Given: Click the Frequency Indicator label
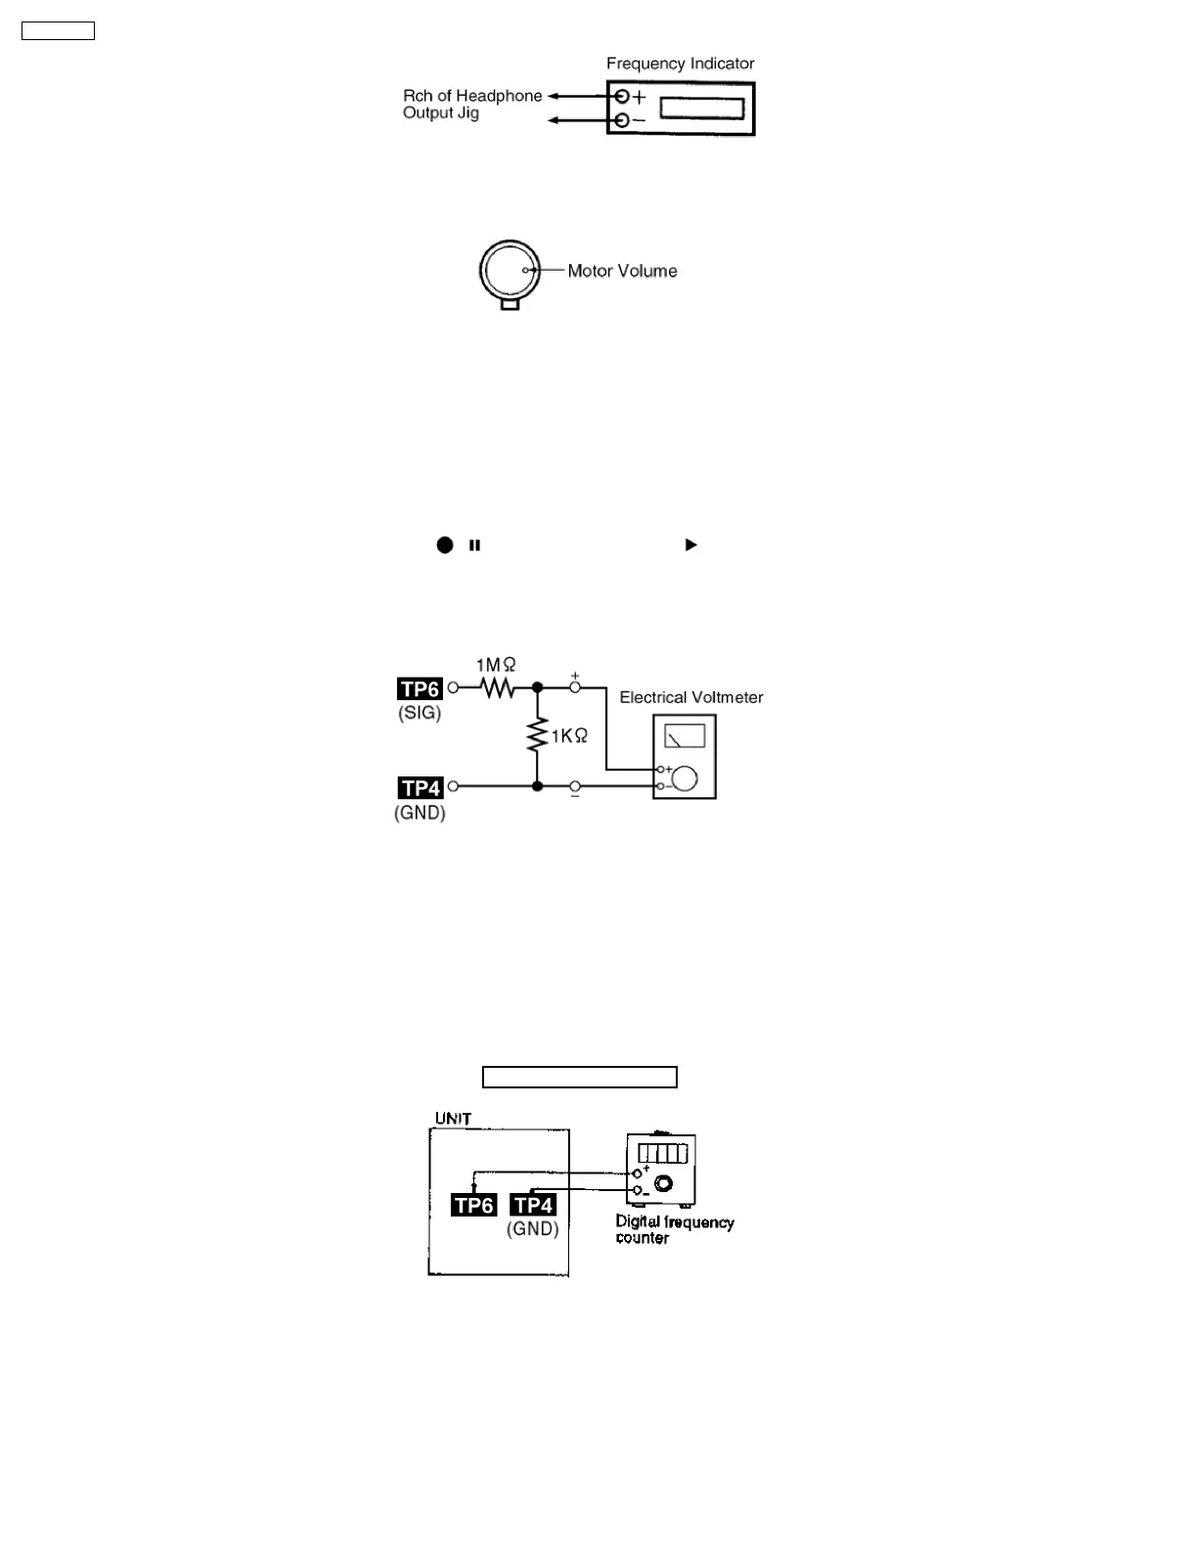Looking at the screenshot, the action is click(680, 64).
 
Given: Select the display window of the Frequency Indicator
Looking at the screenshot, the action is click(702, 108).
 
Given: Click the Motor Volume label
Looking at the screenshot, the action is click(622, 271).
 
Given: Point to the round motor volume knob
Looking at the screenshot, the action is click(510, 270).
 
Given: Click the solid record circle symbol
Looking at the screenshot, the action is click(445, 545).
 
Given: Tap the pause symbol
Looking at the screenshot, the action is click(475, 546).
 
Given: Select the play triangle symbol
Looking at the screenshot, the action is click(691, 545).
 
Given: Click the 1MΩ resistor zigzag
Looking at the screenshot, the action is click(498, 688).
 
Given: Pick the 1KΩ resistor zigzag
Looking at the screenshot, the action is click(537, 735).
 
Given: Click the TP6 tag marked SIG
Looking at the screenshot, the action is click(420, 688).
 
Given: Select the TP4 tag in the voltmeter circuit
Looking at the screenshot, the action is click(421, 787).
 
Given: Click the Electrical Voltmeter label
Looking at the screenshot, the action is click(691, 697).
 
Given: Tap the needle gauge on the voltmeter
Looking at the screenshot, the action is click(685, 735).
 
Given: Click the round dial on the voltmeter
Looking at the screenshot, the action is click(687, 778).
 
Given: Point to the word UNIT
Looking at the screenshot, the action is click(454, 1119).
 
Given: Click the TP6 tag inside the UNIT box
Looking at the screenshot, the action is click(474, 1206).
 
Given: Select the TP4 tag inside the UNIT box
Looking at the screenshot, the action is click(534, 1206).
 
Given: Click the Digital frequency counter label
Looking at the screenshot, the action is click(674, 1229).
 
